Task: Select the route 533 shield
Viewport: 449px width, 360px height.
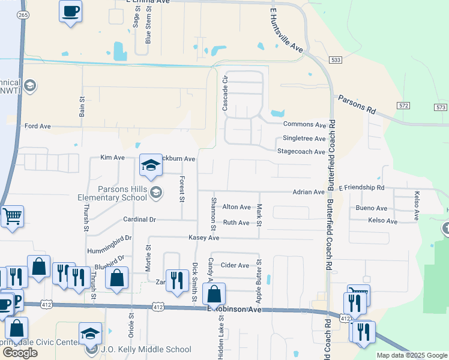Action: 336,60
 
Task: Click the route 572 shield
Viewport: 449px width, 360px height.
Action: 403,106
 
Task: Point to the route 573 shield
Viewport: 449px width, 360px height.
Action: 441,107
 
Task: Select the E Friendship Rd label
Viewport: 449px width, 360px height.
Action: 361,188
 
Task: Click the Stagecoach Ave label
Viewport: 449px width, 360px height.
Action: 301,152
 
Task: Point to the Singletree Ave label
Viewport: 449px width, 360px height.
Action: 303,138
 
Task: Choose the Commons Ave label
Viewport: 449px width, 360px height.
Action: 304,125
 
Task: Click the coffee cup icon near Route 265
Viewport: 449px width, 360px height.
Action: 70,11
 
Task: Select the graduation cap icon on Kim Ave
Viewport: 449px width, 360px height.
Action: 151,166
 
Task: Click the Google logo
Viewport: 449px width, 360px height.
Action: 20,353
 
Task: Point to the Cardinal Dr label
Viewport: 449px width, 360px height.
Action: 139,220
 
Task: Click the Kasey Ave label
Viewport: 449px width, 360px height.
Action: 204,238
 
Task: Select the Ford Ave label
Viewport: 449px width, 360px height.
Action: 38,127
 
